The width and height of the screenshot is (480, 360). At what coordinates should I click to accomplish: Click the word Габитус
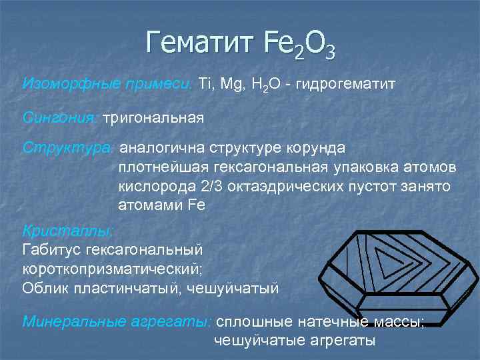pos(53,250)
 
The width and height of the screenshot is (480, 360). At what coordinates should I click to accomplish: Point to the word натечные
pos(335,321)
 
